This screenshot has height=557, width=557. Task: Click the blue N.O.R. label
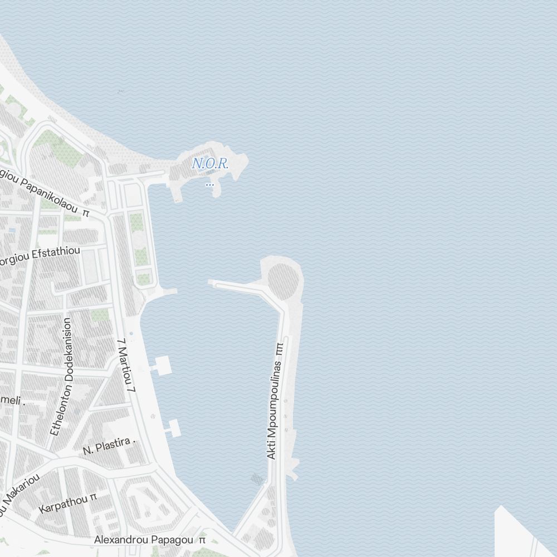tap(210, 164)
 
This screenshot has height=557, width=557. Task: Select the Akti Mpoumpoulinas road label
tap(272, 409)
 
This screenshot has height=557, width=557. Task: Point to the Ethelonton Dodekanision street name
tap(61, 377)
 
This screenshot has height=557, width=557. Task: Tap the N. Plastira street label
tap(106, 446)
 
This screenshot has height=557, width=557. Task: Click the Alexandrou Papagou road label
tap(144, 540)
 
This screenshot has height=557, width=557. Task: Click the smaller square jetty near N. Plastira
tap(173, 428)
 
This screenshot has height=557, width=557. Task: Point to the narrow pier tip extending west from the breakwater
tap(212, 283)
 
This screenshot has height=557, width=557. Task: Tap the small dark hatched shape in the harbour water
tap(256, 478)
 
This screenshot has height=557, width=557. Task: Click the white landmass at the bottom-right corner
tap(518, 535)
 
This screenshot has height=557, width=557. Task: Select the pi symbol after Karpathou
tap(93, 496)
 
